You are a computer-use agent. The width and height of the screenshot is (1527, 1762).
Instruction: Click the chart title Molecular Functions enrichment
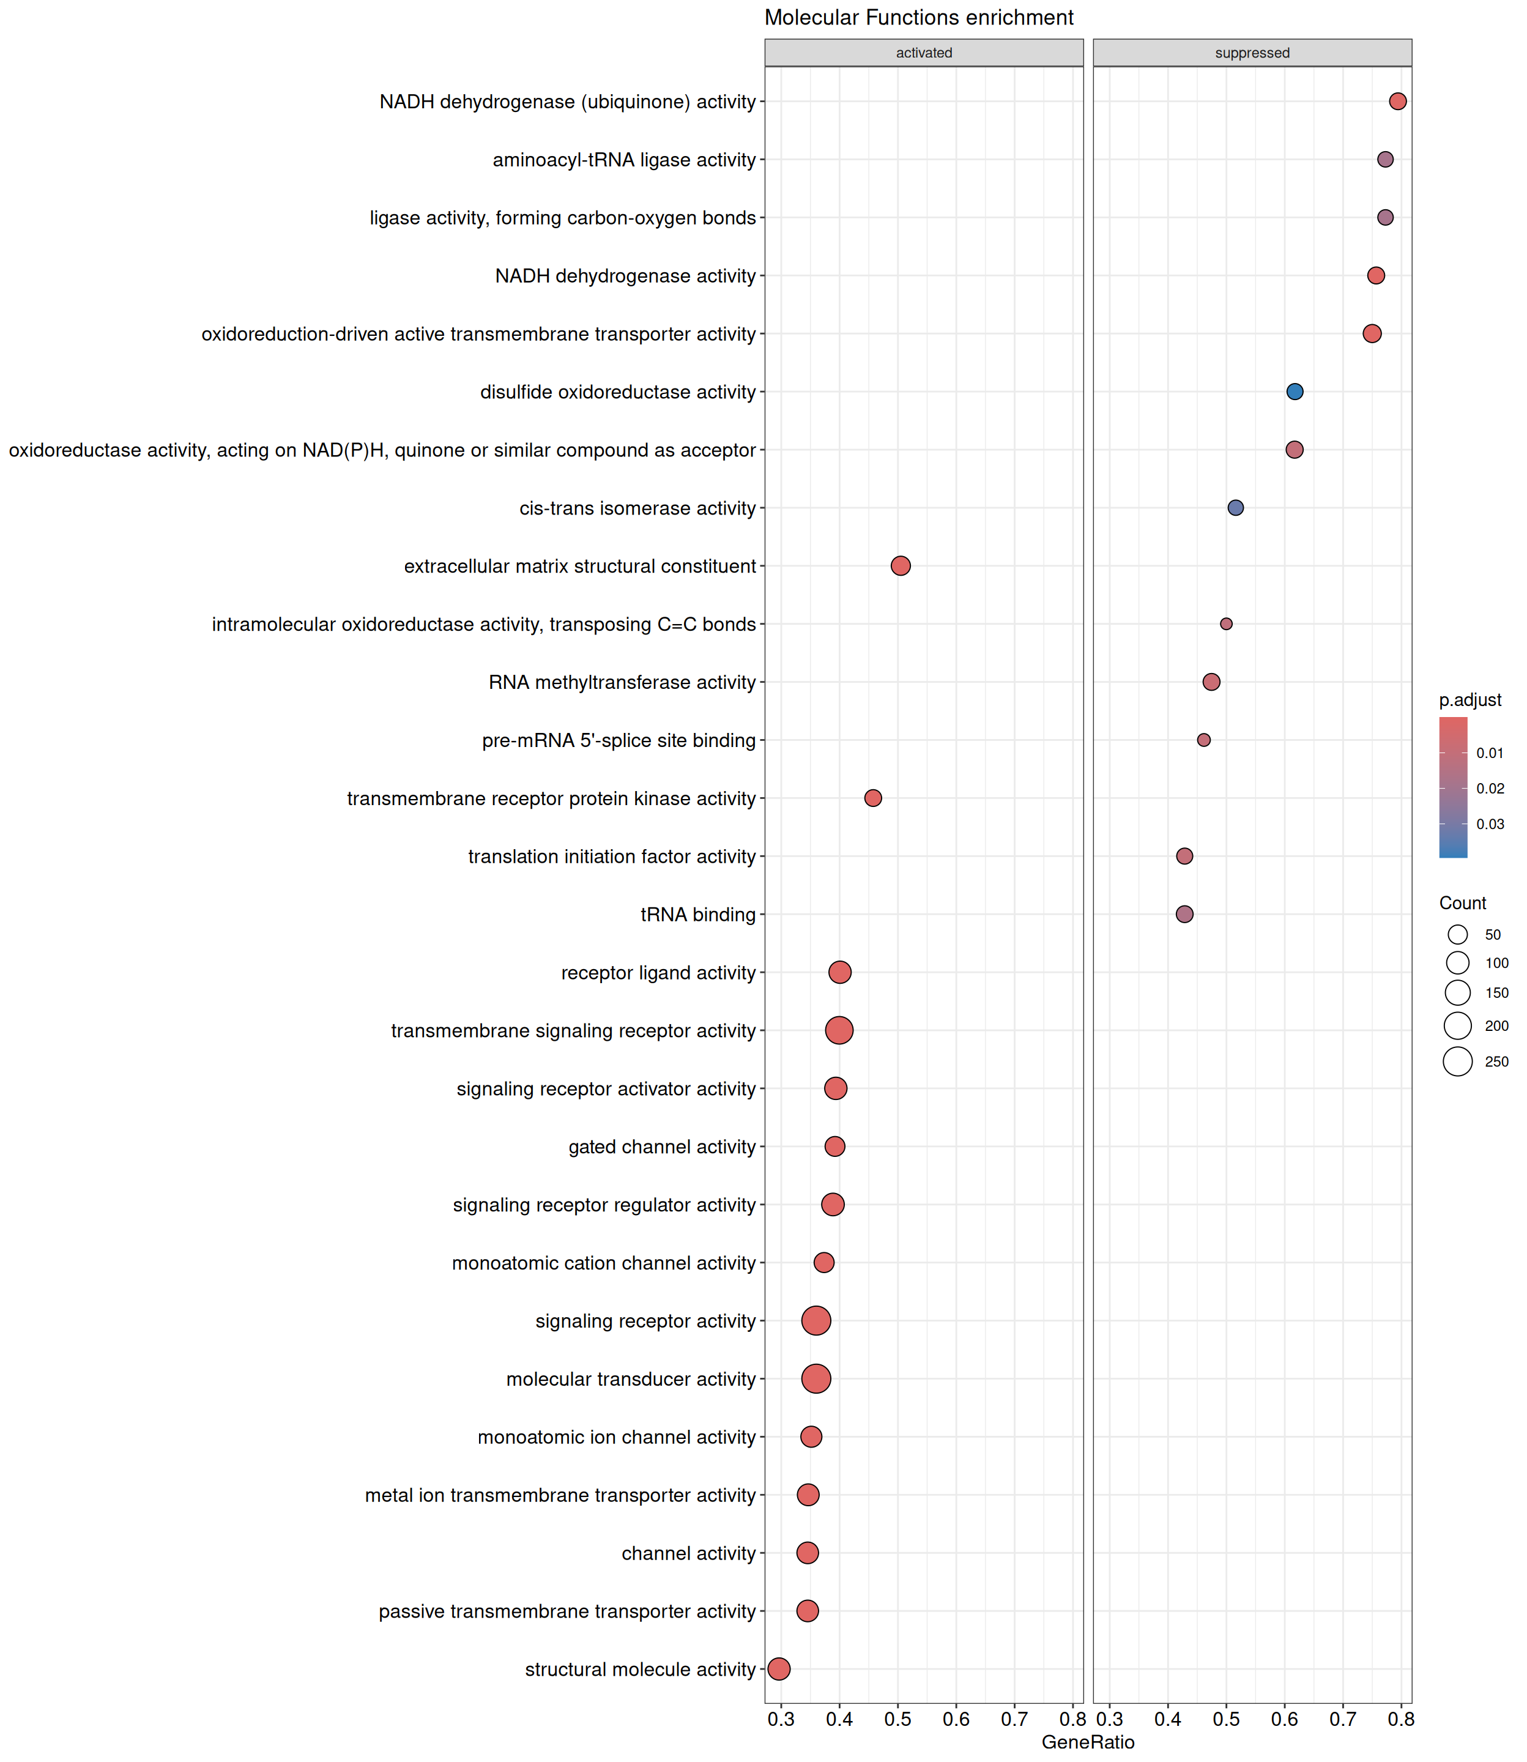(919, 18)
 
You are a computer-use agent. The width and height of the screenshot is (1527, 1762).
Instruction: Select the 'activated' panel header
(924, 53)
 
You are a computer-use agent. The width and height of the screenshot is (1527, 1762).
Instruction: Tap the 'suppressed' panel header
(1252, 53)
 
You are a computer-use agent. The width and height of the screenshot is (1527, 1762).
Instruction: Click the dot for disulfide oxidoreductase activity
(1295, 392)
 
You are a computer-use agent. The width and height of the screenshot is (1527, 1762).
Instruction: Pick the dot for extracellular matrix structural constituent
(901, 566)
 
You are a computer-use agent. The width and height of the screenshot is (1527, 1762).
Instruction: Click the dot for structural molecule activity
(779, 1669)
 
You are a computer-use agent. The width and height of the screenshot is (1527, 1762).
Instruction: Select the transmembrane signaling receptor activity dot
(839, 1030)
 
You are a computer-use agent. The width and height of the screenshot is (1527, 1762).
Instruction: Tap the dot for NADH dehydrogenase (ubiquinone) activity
(1397, 102)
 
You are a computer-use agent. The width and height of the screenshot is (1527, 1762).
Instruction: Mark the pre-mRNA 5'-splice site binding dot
(1203, 740)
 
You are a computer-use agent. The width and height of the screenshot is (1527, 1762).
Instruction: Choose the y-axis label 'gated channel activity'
(662, 1147)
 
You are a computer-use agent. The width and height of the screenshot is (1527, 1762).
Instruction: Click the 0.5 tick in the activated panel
(897, 1719)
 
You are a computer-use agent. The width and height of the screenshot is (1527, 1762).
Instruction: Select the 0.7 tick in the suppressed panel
(1343, 1719)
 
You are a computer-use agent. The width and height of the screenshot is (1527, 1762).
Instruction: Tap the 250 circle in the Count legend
(1458, 1061)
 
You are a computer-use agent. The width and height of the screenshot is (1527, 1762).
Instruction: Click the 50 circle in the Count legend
(1458, 935)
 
